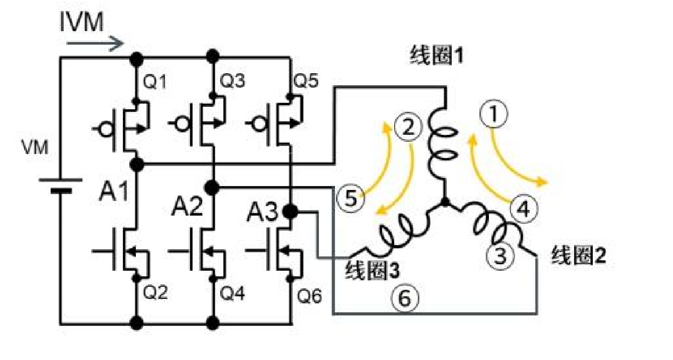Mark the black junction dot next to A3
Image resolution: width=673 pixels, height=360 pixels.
(x=290, y=212)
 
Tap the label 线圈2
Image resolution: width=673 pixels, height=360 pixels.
(x=578, y=256)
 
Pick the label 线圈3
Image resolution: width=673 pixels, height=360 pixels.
(x=373, y=271)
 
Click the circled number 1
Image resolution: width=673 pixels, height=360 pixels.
(x=494, y=114)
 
